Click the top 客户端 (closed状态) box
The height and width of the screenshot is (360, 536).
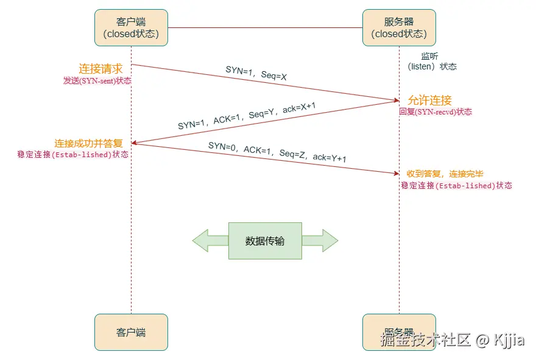(x=131, y=27)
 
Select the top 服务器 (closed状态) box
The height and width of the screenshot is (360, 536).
(x=399, y=27)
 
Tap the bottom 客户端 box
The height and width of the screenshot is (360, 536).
(x=131, y=333)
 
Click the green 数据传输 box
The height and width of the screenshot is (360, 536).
(x=265, y=241)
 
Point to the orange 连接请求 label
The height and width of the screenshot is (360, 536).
(x=100, y=69)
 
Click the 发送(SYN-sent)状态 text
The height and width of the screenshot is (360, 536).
(x=97, y=80)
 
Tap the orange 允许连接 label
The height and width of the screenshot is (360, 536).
(x=430, y=101)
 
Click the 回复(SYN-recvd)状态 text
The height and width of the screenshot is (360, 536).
(x=435, y=112)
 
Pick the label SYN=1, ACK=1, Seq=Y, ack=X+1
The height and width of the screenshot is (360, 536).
(x=247, y=116)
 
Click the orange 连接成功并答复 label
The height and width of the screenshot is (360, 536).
(x=88, y=143)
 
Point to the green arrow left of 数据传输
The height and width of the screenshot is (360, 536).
(x=210, y=241)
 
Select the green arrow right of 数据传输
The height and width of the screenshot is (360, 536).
(x=320, y=241)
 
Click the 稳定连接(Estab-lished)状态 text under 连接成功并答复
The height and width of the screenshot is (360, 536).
(x=73, y=155)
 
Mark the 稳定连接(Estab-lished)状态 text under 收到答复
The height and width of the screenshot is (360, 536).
(x=456, y=186)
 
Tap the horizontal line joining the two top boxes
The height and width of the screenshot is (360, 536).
(x=265, y=27)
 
